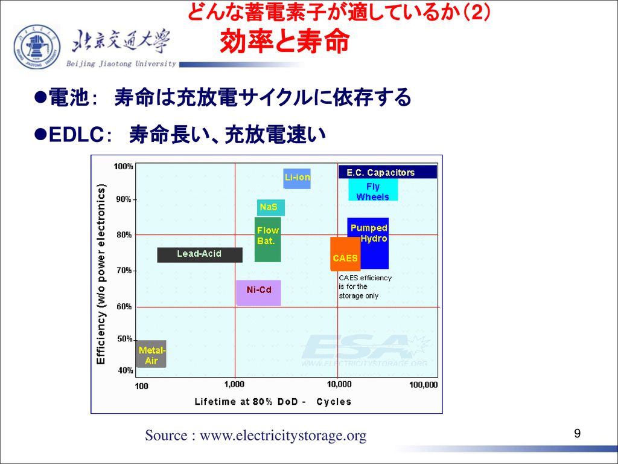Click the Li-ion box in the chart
297,178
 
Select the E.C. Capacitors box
387,172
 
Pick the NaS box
270,208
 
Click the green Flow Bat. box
267,239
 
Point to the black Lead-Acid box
200,255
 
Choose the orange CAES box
345,254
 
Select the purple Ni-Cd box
258,293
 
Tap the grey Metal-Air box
151,354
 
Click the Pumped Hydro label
369,233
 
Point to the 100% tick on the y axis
123,167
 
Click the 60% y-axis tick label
124,306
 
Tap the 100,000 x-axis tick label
423,385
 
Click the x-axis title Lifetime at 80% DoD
273,402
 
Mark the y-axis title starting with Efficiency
101,274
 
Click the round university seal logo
37,47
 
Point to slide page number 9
578,434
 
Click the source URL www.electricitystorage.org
283,436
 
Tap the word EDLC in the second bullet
76,135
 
